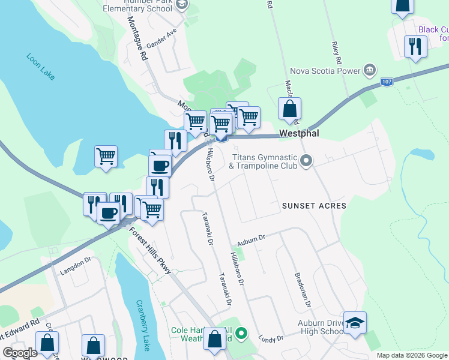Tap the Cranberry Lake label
pyautogui.click(x=143, y=325)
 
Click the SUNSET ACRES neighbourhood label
pyautogui.click(x=314, y=206)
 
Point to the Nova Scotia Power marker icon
pyautogui.click(x=370, y=70)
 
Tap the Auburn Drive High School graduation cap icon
pyautogui.click(x=355, y=322)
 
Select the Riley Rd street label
pyautogui.click(x=336, y=53)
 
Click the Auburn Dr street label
pyautogui.click(x=251, y=239)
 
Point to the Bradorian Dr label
pyautogui.click(x=302, y=290)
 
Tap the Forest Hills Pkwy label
pyautogui.click(x=150, y=250)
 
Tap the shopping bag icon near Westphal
pyautogui.click(x=289, y=109)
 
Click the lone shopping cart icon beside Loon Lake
pyautogui.click(x=106, y=157)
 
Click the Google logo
pyautogui.click(x=20, y=353)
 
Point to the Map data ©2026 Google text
pyautogui.click(x=412, y=355)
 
